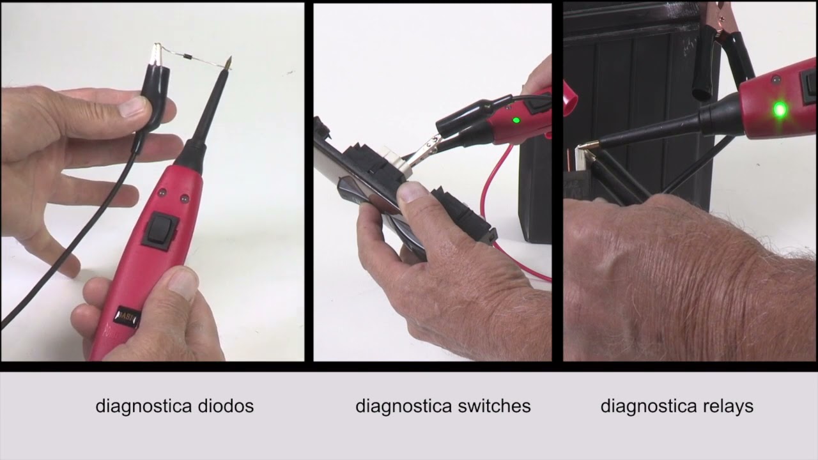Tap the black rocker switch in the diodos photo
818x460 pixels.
coord(159,230)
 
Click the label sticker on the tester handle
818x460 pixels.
coord(127,316)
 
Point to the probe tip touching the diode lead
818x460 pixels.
coord(228,63)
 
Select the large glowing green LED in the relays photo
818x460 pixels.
coord(779,110)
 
